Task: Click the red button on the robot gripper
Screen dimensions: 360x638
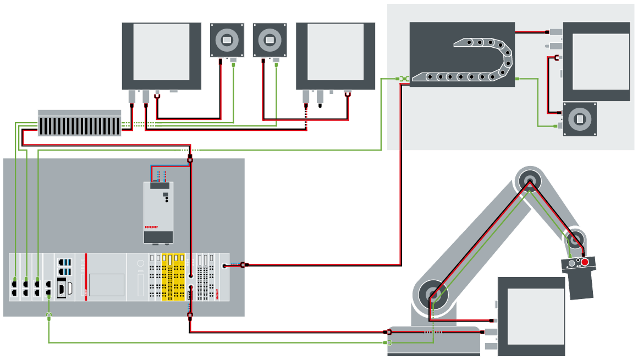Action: [585, 262]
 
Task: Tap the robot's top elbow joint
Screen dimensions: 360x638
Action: [529, 180]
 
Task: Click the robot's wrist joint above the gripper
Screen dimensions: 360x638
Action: [575, 240]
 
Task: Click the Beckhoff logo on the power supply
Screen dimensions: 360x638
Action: [151, 226]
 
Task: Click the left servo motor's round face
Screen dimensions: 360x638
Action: [227, 39]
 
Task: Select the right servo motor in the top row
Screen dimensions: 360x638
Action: [269, 40]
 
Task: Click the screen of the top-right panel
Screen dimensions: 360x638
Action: [601, 61]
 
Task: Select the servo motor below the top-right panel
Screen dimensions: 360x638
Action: [579, 119]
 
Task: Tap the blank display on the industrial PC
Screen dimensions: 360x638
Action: [107, 285]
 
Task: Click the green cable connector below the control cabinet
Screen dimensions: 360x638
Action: [49, 316]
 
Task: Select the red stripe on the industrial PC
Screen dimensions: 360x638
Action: [86, 278]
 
